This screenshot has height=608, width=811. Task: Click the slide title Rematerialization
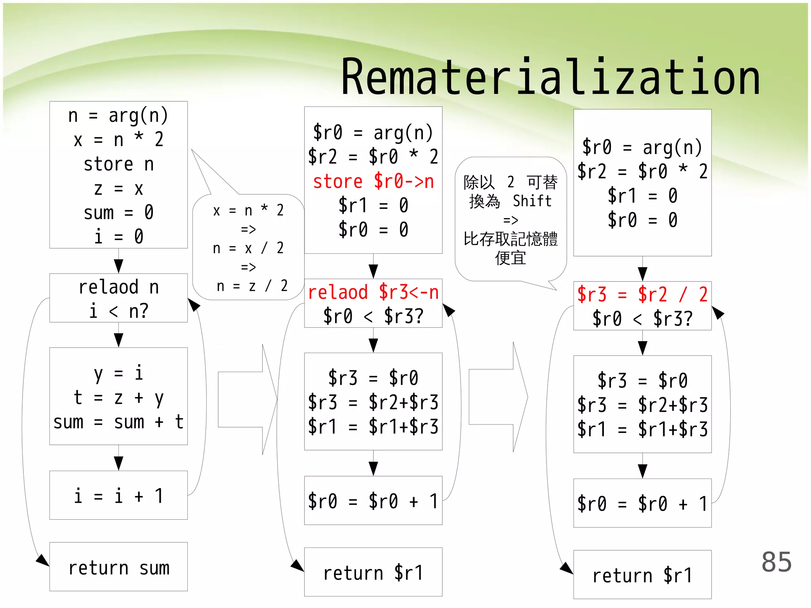(550, 77)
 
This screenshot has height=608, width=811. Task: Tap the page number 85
(776, 562)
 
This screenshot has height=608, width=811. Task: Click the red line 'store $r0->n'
(373, 181)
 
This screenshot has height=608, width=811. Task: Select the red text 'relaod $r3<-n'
(373, 292)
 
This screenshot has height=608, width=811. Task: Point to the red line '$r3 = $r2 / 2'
(642, 294)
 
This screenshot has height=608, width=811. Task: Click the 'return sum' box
(118, 567)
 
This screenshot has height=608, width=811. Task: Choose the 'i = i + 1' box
(118, 496)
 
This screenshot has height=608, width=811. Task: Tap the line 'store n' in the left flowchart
(118, 164)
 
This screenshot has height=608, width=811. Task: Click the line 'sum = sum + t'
(118, 422)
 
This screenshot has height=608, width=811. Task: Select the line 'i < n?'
(118, 311)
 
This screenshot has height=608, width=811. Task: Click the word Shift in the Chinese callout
(532, 201)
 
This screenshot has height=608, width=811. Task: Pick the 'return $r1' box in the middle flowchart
(373, 572)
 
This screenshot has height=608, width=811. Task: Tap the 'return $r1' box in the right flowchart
(642, 575)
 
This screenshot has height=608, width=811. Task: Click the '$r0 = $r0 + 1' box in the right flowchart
(642, 503)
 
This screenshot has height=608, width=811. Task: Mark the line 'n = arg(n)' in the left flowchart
(118, 115)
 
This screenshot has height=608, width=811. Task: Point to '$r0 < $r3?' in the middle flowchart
(373, 316)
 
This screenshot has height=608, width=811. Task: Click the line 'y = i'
(118, 373)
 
